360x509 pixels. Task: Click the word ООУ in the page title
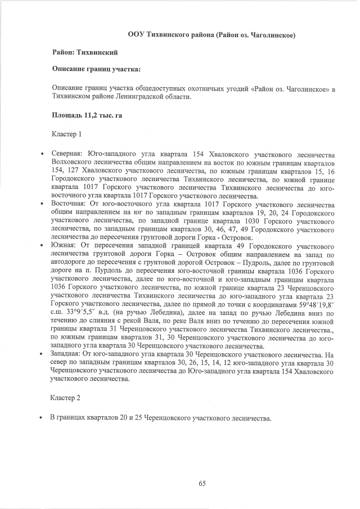point(135,35)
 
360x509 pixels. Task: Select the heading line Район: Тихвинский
point(84,52)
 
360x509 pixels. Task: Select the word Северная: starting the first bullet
point(67,153)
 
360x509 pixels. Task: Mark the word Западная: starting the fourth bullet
point(67,355)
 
